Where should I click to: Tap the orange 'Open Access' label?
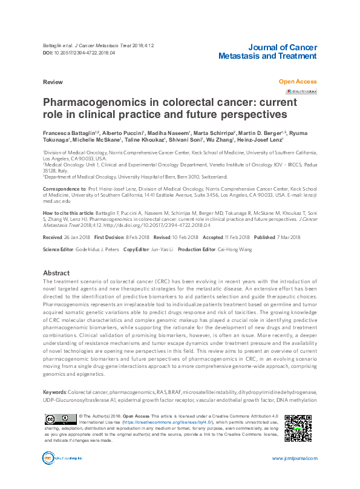(x=297, y=81)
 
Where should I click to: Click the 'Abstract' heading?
(x=56, y=273)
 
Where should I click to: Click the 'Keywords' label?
(x=54, y=393)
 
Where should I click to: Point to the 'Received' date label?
(x=53, y=238)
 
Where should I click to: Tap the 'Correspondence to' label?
(x=64, y=189)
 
